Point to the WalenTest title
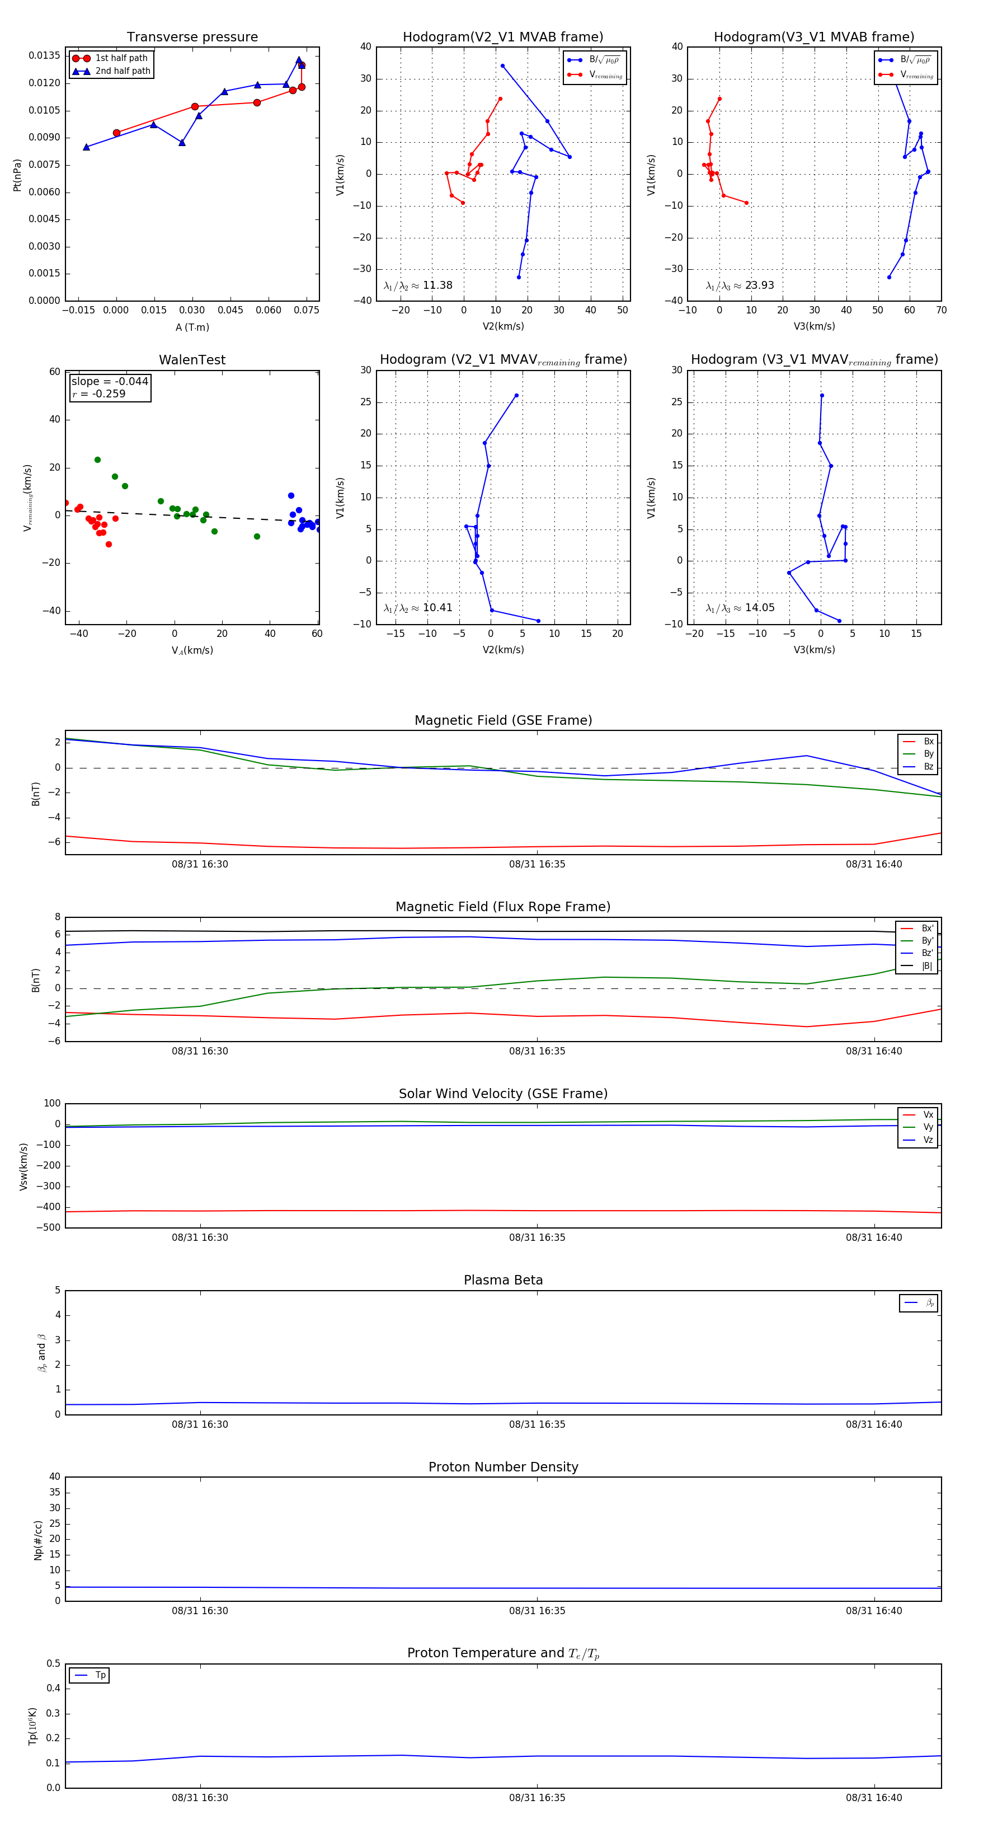pyautogui.click(x=192, y=360)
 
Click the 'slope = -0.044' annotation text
pyautogui.click(x=110, y=382)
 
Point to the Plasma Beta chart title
pyautogui.click(x=503, y=1280)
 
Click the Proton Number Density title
pyautogui.click(x=503, y=1467)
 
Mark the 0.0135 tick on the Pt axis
pyautogui.click(x=44, y=56)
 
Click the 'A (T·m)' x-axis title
pyautogui.click(x=192, y=327)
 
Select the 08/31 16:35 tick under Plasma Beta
pyautogui.click(x=537, y=1424)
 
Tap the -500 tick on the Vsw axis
pyautogui.click(x=48, y=1227)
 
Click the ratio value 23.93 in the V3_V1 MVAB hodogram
pyautogui.click(x=759, y=285)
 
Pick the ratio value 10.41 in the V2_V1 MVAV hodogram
pyautogui.click(x=437, y=608)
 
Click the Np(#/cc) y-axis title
pyautogui.click(x=38, y=1540)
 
